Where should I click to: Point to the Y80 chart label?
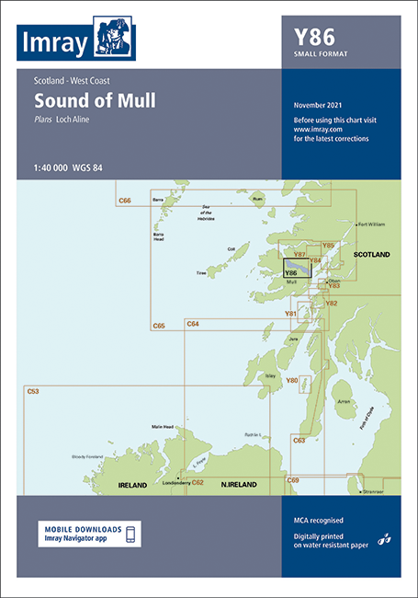coord(292,380)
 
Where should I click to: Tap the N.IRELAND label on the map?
coord(240,483)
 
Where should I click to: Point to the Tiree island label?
coord(200,273)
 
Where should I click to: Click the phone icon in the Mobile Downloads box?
coord(130,535)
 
